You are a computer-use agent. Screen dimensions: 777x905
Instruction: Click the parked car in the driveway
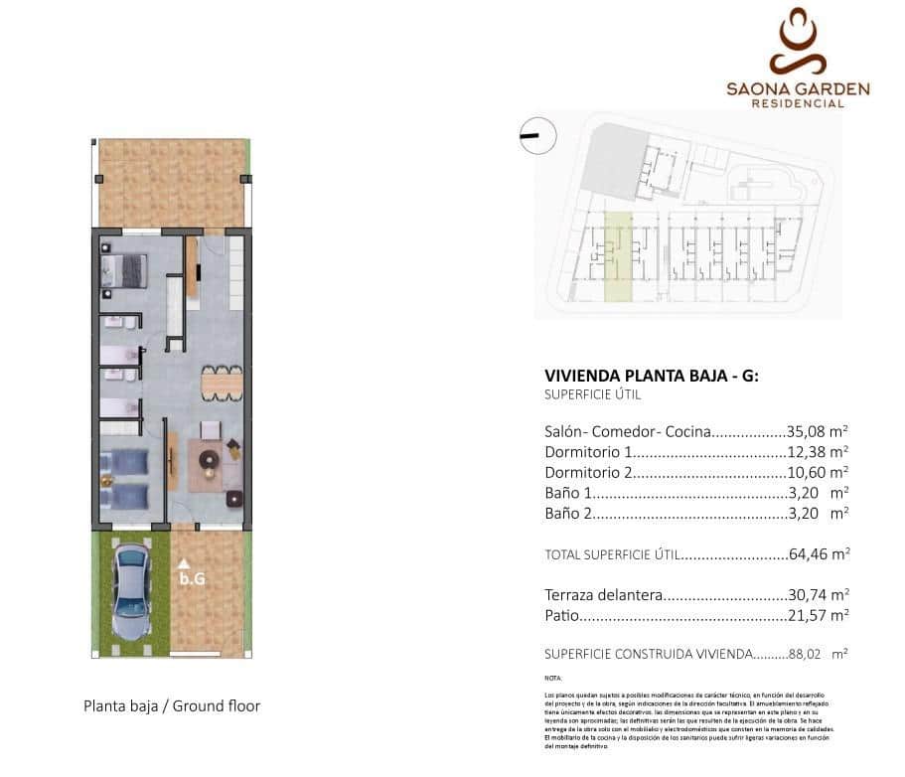pyautogui.click(x=132, y=594)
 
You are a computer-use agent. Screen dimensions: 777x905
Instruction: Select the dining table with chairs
pyautogui.click(x=221, y=381)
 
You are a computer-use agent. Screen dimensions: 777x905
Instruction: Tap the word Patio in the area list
pyautogui.click(x=561, y=616)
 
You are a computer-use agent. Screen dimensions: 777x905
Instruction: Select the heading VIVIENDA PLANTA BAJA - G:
pyautogui.click(x=652, y=376)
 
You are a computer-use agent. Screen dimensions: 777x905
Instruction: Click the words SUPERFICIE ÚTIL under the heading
pyautogui.click(x=593, y=394)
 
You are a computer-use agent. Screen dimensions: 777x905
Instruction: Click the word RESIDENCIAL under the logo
pyautogui.click(x=798, y=103)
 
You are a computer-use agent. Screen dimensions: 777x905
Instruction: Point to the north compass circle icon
pyautogui.click(x=537, y=136)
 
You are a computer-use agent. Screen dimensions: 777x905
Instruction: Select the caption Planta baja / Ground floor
pyautogui.click(x=172, y=705)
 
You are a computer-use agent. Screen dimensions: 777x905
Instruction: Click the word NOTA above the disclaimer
pyautogui.click(x=553, y=677)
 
